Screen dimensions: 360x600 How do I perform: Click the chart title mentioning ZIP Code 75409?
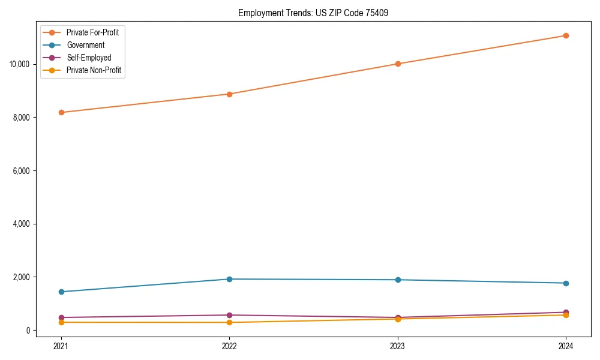[313, 13]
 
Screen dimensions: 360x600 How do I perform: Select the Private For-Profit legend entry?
[92, 32]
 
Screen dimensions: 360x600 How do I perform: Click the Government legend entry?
[85, 45]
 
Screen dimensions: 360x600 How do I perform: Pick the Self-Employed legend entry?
[89, 58]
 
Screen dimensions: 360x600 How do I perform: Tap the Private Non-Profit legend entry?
[94, 70]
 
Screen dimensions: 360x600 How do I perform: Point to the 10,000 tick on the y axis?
[20, 64]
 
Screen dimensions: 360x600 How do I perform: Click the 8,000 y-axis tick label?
[22, 118]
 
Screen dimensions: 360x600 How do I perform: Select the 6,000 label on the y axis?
[22, 171]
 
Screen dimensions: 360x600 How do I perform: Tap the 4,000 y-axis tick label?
[22, 224]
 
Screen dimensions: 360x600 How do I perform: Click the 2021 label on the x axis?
[61, 346]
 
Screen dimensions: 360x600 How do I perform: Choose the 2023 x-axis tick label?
[397, 346]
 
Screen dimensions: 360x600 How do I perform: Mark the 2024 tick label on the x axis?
[566, 346]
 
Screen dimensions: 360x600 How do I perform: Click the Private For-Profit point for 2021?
[61, 112]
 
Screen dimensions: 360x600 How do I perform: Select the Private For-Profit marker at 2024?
[566, 35]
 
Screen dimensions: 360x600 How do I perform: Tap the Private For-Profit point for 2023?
[397, 64]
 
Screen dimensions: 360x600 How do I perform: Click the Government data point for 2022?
[229, 279]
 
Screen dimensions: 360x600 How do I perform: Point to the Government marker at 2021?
[61, 292]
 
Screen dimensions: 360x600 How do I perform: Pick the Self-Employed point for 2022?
[229, 315]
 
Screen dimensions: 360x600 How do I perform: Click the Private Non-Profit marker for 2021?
[61, 322]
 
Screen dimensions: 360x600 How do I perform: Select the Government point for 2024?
[566, 283]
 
